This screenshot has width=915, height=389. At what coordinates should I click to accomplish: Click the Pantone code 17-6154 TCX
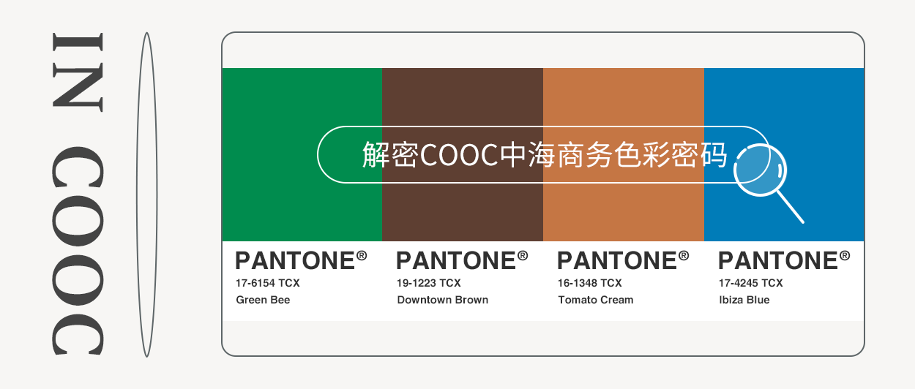click(x=268, y=283)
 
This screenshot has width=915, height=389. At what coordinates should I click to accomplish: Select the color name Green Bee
click(x=263, y=300)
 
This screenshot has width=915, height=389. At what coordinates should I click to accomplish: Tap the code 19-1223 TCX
click(x=428, y=283)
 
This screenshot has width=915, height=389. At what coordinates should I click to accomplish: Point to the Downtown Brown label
click(x=442, y=300)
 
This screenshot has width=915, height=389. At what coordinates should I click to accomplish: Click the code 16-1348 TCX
click(x=589, y=283)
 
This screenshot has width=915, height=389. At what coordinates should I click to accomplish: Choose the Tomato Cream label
click(x=596, y=300)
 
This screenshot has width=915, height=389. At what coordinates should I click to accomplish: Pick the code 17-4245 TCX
click(x=751, y=283)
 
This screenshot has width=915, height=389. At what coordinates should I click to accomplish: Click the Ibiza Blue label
click(x=744, y=300)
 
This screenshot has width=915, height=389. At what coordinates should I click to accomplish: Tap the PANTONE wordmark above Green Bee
click(x=295, y=260)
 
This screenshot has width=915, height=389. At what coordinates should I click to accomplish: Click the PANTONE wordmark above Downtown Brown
click(x=456, y=260)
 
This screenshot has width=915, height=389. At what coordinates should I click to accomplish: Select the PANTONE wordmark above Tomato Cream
click(x=617, y=260)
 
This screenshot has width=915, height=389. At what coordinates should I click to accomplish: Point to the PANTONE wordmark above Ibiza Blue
click(x=778, y=260)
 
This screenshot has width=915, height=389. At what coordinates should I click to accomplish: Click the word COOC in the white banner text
click(x=459, y=155)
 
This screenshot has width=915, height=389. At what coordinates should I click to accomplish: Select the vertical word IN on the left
click(x=78, y=72)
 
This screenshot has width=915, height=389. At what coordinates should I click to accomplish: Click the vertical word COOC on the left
click(x=78, y=251)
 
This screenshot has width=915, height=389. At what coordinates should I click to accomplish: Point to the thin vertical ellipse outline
click(x=137, y=194)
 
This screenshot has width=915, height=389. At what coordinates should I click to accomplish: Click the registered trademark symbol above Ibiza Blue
click(x=845, y=256)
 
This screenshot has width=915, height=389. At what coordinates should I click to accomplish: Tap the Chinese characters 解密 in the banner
click(x=390, y=155)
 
